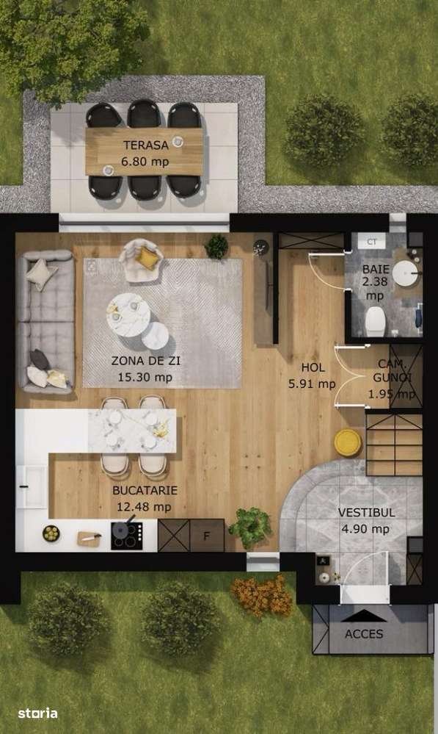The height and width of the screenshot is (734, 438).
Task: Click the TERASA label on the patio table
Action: tap(145, 145)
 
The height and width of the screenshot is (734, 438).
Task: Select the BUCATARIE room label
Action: tap(145, 490)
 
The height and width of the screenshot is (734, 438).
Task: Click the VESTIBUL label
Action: tap(366, 512)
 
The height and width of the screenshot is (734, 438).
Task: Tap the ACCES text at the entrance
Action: tap(364, 633)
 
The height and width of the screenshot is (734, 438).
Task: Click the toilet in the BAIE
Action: tap(375, 320)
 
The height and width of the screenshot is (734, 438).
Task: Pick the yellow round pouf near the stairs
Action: tap(348, 442)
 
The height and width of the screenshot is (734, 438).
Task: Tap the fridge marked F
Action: tap(206, 535)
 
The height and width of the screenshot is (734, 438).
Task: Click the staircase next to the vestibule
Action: tap(394, 444)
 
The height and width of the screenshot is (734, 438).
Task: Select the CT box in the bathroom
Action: tap(371, 241)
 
